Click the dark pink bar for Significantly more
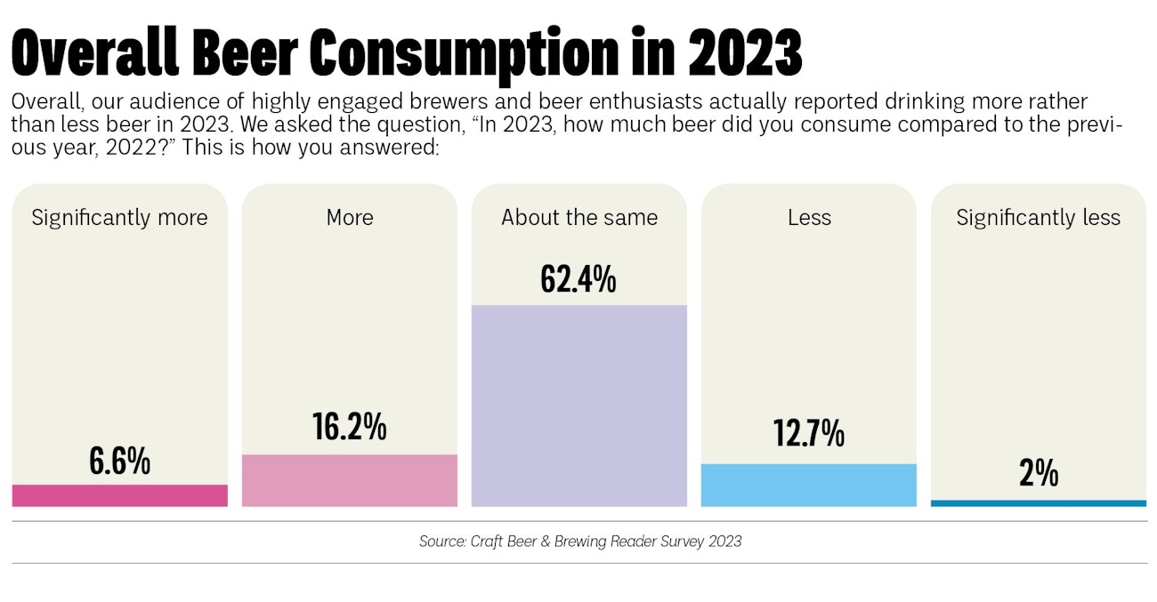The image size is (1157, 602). click(x=119, y=495)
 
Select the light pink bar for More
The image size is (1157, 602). click(x=349, y=480)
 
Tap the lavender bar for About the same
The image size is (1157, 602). click(x=578, y=405)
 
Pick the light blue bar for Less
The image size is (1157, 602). click(x=808, y=485)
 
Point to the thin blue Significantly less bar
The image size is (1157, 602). click(x=1038, y=503)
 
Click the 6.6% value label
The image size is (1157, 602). click(x=119, y=462)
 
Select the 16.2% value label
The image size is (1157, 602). click(x=349, y=427)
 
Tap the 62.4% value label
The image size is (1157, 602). click(x=578, y=279)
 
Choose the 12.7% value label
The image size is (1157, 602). click(x=808, y=434)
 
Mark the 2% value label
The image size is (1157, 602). click(x=1038, y=473)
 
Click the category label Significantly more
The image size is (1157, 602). click(x=119, y=218)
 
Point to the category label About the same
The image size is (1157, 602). click(x=578, y=218)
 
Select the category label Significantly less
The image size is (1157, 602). click(x=1038, y=218)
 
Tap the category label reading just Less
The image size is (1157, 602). click(x=808, y=218)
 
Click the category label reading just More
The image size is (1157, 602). click(x=349, y=218)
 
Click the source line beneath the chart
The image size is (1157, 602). click(x=579, y=541)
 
